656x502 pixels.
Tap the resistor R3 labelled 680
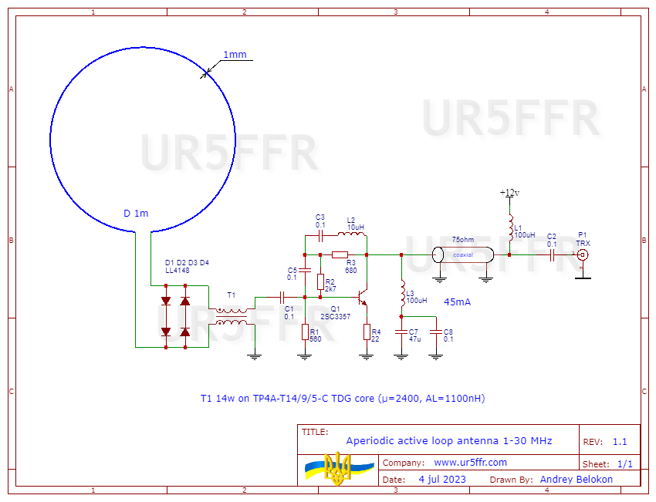coord(340,254)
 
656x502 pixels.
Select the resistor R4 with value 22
coord(367,332)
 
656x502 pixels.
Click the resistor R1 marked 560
coord(306,332)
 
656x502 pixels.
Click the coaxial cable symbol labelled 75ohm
coord(462,254)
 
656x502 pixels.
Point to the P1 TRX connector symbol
coord(583,254)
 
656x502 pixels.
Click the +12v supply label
coord(509,193)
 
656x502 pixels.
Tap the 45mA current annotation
coord(458,302)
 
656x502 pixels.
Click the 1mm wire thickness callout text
coord(235,55)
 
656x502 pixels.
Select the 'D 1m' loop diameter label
coord(136,213)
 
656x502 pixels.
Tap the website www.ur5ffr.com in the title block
coord(470,463)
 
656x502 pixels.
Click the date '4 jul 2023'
coord(442,479)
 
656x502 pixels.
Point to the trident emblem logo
coord(336,469)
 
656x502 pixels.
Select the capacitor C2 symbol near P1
coord(552,254)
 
